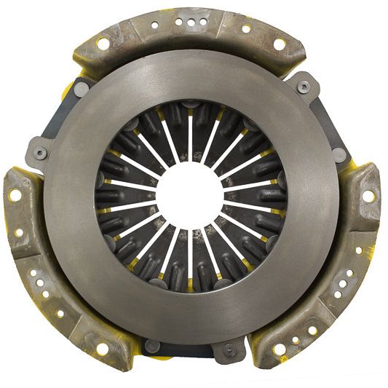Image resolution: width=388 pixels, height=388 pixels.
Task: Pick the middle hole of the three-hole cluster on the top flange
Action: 191,23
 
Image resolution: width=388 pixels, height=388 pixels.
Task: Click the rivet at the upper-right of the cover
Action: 304,87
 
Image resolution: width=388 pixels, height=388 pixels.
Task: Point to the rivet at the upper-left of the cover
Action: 81,88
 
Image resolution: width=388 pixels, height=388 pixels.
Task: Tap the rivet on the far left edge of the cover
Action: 39,154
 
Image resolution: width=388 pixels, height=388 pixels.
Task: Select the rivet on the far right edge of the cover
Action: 340,154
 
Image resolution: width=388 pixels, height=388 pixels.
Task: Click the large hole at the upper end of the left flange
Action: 15,195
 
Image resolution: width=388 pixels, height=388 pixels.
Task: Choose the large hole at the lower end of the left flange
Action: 103,348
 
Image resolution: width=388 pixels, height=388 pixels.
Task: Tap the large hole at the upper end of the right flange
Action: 368,195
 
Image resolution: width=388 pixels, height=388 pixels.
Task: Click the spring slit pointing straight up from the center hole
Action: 190,138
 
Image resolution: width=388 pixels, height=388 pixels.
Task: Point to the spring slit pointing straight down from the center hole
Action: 190,255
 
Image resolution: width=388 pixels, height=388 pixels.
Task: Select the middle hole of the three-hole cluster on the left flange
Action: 36,285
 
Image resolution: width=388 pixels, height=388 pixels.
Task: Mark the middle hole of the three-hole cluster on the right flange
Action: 348,285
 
